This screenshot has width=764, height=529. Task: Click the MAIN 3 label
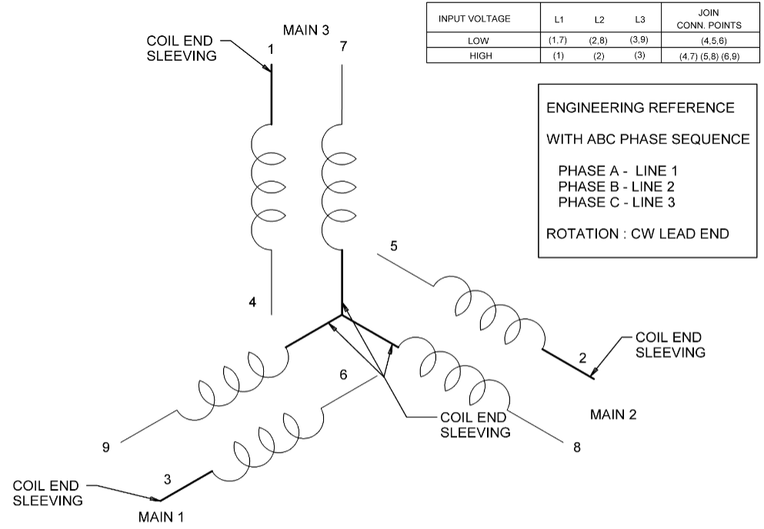click(306, 31)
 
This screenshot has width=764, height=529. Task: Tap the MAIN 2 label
click(613, 414)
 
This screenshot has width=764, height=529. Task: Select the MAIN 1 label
click(161, 516)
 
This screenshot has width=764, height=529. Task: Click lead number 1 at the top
click(271, 50)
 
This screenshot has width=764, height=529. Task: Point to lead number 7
click(343, 47)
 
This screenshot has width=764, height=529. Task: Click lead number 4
click(252, 302)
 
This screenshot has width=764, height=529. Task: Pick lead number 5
click(394, 246)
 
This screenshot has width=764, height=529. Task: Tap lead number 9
click(106, 447)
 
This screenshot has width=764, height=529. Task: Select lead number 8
click(576, 447)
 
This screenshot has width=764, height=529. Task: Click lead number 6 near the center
click(343, 374)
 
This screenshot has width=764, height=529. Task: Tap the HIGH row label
click(474, 56)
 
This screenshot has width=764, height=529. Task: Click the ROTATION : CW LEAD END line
click(637, 233)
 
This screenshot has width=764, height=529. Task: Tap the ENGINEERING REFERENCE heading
click(640, 108)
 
